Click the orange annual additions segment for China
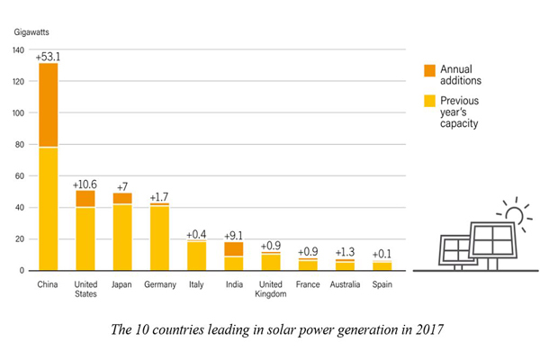[x=48, y=104]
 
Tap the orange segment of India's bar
[x=233, y=249]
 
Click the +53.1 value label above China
[x=48, y=57]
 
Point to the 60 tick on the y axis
[x=20, y=176]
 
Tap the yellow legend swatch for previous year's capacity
[x=429, y=102]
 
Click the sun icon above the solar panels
[x=514, y=214]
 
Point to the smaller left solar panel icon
[x=454, y=252]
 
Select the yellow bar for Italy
[x=196, y=256]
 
